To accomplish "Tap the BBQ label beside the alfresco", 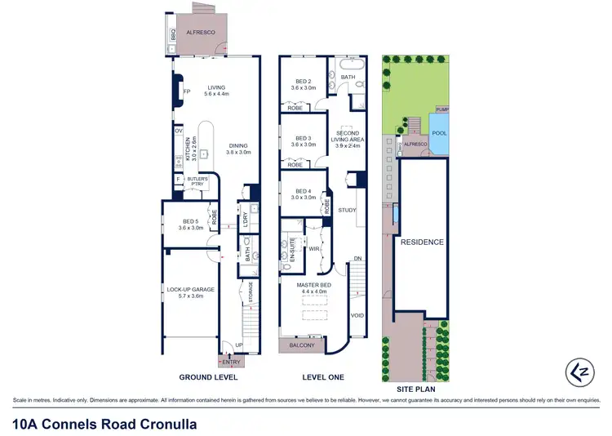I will pos(173,35).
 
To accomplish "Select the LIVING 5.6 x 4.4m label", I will pos(215,91).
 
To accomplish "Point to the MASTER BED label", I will pos(314,287).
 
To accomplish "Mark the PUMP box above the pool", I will pos(441,109).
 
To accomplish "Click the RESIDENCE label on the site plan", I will pos(422,242).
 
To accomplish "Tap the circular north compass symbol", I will pos(581,371).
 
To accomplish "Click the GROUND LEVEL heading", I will pos(209,378).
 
